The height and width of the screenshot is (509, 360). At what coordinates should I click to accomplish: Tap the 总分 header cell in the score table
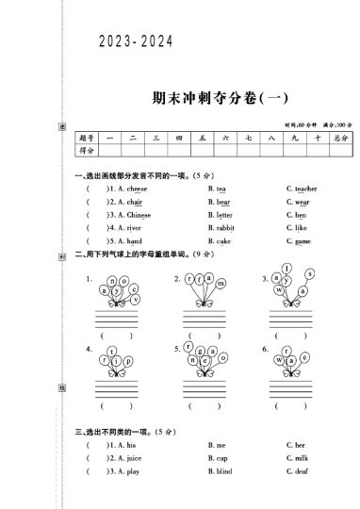click(x=337, y=138)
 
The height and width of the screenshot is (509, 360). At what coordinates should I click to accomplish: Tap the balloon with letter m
click(x=222, y=283)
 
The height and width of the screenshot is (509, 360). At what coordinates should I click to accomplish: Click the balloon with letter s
click(x=309, y=273)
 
